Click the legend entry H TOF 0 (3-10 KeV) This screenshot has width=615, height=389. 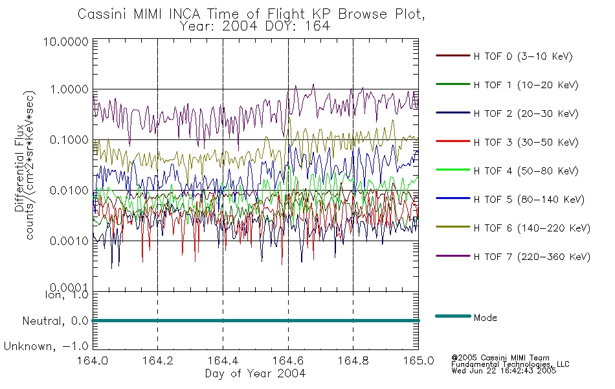click(523, 56)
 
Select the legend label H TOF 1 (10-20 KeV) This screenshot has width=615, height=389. click(526, 85)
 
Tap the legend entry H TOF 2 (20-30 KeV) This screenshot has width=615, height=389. click(526, 113)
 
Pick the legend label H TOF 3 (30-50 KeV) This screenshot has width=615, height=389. click(526, 142)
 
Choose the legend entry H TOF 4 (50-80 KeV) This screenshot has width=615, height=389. click(526, 171)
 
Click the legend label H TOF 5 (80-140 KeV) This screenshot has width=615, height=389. click(529, 200)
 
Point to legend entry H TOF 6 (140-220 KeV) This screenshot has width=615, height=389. click(532, 228)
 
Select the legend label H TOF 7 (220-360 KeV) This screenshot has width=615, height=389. click(532, 257)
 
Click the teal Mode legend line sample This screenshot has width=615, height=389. click(453, 316)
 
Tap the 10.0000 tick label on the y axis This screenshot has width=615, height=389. click(66, 41)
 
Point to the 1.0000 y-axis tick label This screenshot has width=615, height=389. click(69, 89)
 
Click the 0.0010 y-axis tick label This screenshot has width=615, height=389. click(69, 241)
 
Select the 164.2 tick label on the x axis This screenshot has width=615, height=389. click(158, 360)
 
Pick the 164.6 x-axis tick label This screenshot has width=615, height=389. click(288, 360)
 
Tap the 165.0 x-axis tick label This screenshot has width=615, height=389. click(418, 360)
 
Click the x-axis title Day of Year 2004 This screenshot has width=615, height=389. click(255, 373)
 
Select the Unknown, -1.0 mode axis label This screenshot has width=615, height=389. click(46, 347)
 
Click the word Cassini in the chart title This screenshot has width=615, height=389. click(103, 14)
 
